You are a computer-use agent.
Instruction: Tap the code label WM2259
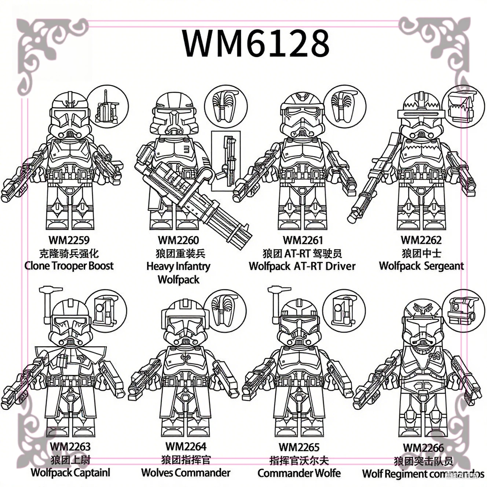click(x=69, y=240)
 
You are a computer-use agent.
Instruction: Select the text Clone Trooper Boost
click(x=69, y=266)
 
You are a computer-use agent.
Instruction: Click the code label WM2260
click(x=178, y=240)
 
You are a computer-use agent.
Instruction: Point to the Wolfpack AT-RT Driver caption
click(x=302, y=266)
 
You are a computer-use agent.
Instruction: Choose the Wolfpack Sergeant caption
click(x=421, y=266)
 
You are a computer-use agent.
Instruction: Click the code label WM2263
click(x=70, y=446)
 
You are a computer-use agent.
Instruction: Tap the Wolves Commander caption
click(x=186, y=473)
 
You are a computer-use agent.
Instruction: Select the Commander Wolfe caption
click(x=299, y=473)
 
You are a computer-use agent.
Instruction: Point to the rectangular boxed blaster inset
click(x=226, y=161)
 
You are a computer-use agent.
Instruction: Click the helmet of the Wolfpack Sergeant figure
click(x=421, y=116)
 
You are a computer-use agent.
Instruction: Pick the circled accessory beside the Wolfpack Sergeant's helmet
click(x=461, y=106)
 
